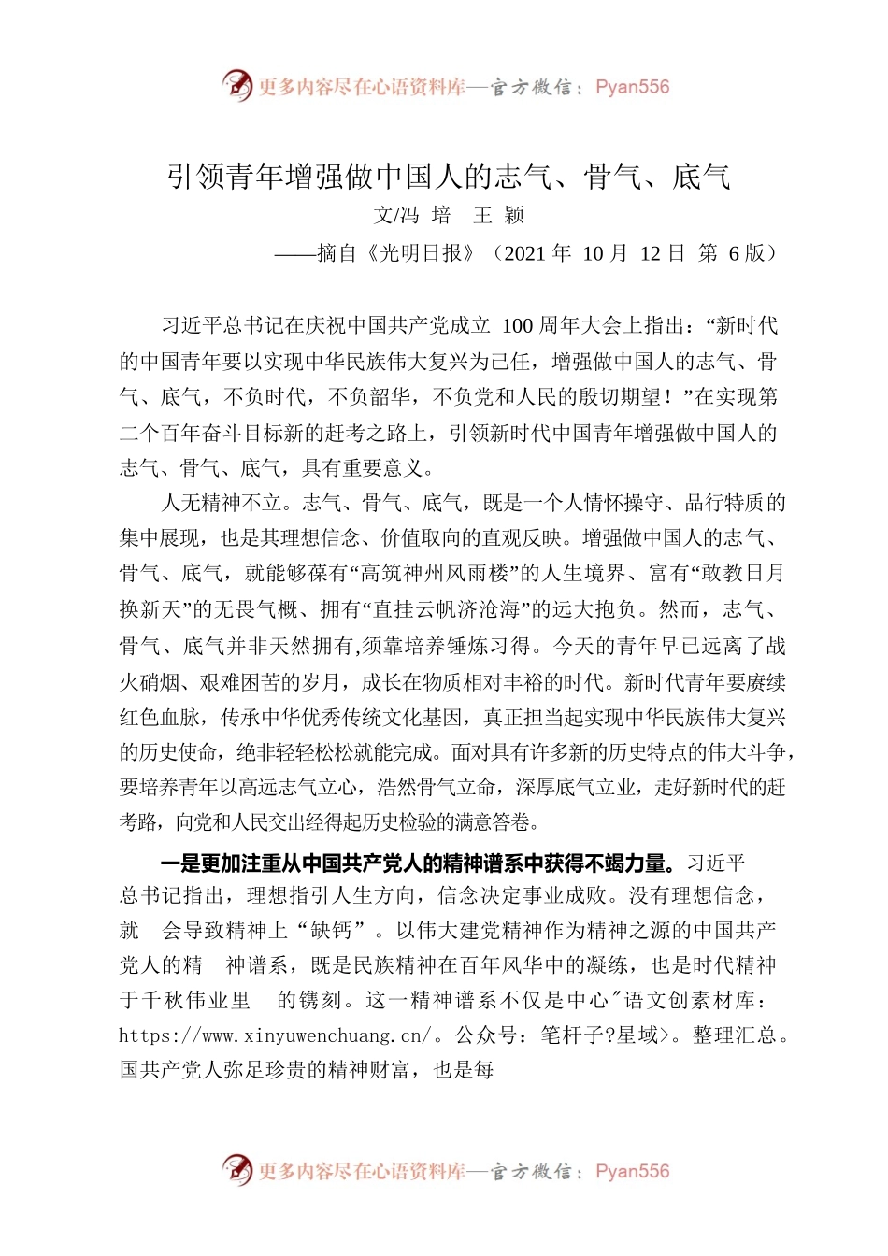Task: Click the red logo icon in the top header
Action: click(237, 86)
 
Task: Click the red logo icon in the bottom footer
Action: click(237, 1170)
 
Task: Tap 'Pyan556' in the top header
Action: click(633, 87)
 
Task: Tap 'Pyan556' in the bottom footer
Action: click(633, 1171)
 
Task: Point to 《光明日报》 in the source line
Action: click(425, 253)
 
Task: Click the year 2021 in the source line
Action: click(525, 253)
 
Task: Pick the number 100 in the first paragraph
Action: click(518, 326)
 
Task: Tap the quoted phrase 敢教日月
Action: click(733, 574)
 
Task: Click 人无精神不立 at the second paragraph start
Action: click(222, 504)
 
